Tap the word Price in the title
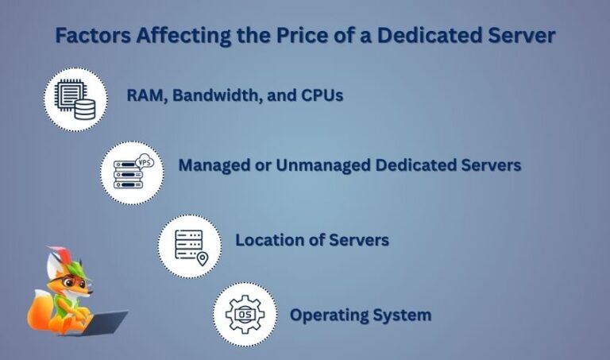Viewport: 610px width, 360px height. (276, 37)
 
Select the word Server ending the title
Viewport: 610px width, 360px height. (523, 37)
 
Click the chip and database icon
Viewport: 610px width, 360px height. (75, 99)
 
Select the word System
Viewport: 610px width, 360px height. (404, 315)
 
